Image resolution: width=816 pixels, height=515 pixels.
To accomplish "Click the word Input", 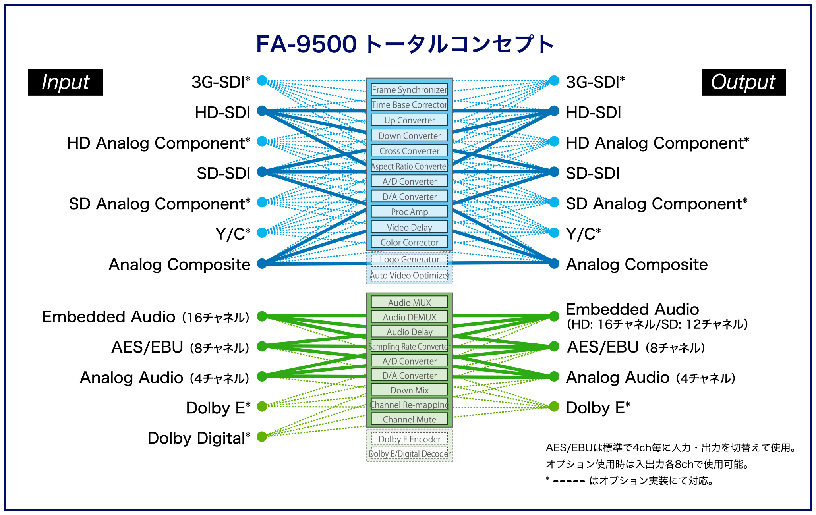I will (x=66, y=82).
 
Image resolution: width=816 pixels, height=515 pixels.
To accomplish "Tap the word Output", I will (x=743, y=82).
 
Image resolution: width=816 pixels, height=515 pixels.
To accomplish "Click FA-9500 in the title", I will (x=306, y=44).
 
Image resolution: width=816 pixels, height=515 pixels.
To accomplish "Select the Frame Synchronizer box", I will (x=409, y=90).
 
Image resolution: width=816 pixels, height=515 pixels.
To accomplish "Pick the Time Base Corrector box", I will (x=409, y=105).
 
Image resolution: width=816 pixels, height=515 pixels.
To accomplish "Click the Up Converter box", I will (x=409, y=120).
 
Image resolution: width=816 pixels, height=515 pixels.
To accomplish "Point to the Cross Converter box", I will (x=409, y=151).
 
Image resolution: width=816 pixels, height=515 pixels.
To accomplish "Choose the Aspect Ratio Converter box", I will (x=409, y=166).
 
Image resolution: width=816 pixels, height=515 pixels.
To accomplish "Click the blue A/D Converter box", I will (x=409, y=181).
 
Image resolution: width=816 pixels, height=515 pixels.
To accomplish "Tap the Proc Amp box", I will (x=409, y=212).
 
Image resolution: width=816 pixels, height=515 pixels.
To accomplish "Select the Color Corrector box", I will (x=409, y=243).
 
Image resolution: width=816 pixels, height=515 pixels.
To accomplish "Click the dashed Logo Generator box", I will (x=409, y=260).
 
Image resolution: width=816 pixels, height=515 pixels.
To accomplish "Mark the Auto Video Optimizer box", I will (x=409, y=276).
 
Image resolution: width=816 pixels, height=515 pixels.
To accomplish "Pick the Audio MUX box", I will (x=409, y=303).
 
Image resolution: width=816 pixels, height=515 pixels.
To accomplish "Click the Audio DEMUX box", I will (x=409, y=317).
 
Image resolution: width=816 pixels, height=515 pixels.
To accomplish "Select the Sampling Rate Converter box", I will (x=409, y=347).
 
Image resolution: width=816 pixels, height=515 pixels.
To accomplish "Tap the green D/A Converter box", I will (x=409, y=376).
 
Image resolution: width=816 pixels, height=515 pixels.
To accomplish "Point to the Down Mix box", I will (x=409, y=390).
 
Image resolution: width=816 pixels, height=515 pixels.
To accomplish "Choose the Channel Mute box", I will (x=409, y=419).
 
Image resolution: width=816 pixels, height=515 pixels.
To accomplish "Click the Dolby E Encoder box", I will (x=409, y=439).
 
